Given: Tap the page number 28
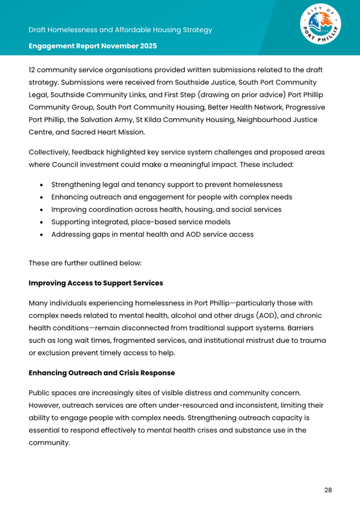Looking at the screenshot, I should coord(328,490).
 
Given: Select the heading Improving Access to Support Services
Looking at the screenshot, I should coord(95,283).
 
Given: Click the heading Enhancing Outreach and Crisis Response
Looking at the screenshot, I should coord(102,373).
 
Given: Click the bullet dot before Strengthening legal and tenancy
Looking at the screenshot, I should coord(42,185).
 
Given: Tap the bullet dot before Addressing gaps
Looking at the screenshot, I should coord(42,234).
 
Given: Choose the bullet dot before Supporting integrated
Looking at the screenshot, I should coord(42,222).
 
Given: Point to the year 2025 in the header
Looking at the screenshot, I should coord(146,45).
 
